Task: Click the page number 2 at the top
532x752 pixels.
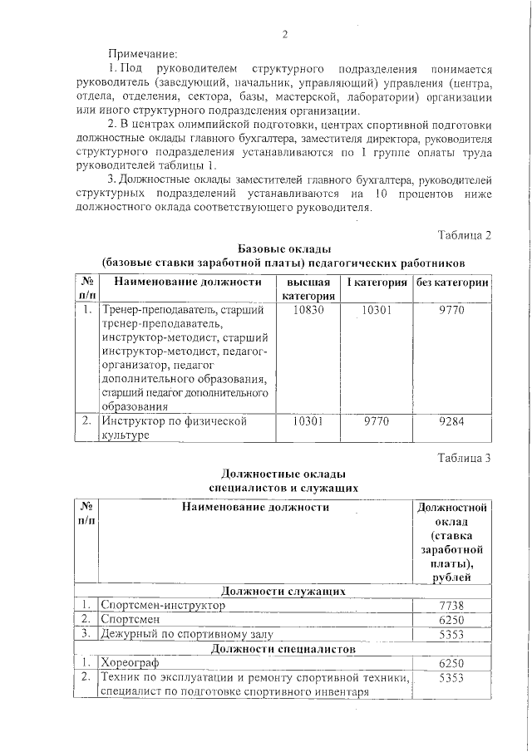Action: [284, 34]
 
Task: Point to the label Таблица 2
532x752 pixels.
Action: [464, 235]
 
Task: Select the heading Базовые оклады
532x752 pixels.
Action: [284, 249]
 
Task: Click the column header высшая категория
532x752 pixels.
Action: [308, 289]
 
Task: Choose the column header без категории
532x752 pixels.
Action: [452, 283]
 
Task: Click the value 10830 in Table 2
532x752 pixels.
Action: [308, 309]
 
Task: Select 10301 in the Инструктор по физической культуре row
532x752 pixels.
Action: [308, 421]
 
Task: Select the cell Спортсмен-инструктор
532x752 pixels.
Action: [163, 606]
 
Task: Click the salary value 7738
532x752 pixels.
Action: [451, 606]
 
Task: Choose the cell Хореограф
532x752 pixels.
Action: [129, 663]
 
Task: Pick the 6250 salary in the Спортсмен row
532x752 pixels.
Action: [451, 620]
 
